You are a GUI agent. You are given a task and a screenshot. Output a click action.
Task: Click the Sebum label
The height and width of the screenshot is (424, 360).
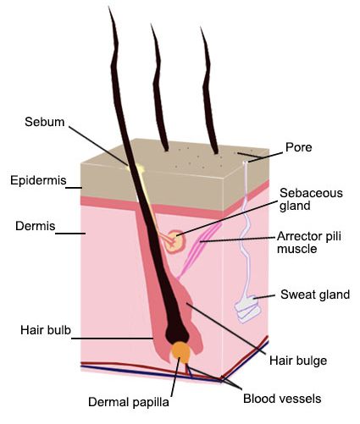(x=45, y=122)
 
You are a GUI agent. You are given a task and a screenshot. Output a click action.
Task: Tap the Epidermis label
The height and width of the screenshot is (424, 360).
(x=38, y=180)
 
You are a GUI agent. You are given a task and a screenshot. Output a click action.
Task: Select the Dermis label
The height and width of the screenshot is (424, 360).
(x=36, y=226)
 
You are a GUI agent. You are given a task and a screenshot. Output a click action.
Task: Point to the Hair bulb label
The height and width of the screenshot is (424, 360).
(x=46, y=330)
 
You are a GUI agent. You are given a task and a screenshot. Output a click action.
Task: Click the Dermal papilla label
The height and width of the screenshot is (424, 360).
(x=129, y=402)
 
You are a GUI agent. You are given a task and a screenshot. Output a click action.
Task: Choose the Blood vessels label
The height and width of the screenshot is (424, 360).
(x=282, y=399)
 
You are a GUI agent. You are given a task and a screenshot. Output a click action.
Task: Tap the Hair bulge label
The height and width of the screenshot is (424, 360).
(x=298, y=361)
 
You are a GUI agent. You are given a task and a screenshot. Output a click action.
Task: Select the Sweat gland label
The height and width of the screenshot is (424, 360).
(x=315, y=295)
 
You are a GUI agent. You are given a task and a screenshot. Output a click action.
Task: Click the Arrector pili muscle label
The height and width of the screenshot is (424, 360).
(x=309, y=242)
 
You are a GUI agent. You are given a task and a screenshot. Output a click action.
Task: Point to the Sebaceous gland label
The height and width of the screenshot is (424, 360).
(x=311, y=199)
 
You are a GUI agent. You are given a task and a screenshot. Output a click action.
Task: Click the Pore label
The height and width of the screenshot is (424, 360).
(x=299, y=147)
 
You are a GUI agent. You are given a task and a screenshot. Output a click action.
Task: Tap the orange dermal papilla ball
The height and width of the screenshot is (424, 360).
(x=180, y=353)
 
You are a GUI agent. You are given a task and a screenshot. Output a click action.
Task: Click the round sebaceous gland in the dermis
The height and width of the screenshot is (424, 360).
(x=175, y=241)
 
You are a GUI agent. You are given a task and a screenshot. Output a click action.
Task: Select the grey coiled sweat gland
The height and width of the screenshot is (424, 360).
(x=247, y=308)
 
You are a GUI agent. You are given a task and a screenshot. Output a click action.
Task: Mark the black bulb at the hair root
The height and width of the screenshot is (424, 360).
(x=177, y=333)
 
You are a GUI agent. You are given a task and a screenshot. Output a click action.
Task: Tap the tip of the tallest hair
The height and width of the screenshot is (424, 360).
(x=109, y=7)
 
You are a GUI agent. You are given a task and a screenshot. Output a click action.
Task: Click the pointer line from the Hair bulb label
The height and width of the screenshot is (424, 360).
(x=113, y=338)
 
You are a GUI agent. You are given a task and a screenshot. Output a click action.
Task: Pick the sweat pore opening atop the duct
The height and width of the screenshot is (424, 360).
(x=246, y=162)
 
